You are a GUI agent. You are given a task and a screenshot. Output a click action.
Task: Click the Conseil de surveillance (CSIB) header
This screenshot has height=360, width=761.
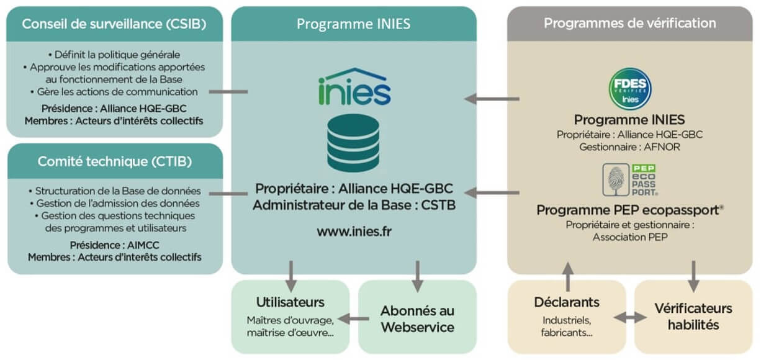click(114, 24)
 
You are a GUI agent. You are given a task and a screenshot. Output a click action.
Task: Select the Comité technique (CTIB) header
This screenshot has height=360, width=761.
click(114, 161)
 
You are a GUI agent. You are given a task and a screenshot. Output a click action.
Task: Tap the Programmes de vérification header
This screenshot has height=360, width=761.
click(629, 24)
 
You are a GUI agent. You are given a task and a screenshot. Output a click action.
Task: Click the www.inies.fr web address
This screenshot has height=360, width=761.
click(353, 231)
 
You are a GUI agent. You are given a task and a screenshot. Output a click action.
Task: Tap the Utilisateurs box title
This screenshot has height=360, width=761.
click(290, 302)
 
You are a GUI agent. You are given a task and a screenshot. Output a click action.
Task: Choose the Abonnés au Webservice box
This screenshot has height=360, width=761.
click(417, 318)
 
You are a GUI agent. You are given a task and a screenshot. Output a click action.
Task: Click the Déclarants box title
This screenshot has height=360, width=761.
click(566, 302)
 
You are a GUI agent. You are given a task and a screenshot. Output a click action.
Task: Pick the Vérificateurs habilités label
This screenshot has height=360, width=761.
click(693, 316)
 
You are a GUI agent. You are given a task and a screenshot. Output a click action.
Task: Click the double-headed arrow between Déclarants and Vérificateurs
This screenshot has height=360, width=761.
click(629, 318)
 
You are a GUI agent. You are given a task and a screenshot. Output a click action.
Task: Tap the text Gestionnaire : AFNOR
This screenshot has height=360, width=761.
click(629, 147)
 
